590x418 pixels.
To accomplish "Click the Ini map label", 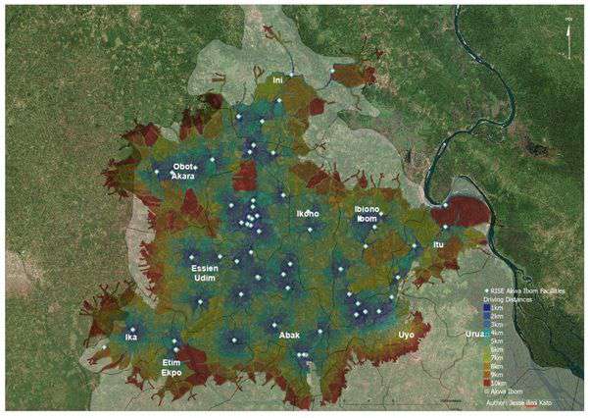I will pyautogui.click(x=277, y=78).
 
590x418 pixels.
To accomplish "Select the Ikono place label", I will pyautogui.click(x=308, y=213).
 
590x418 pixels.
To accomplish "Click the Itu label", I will pyautogui.click(x=437, y=244).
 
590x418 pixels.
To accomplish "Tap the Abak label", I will pyautogui.click(x=289, y=336).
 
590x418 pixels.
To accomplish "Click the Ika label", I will pyautogui.click(x=130, y=338).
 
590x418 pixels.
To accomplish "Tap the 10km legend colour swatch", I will pyautogui.click(x=487, y=381).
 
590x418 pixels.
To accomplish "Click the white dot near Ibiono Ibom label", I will pyautogui.click(x=382, y=217).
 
